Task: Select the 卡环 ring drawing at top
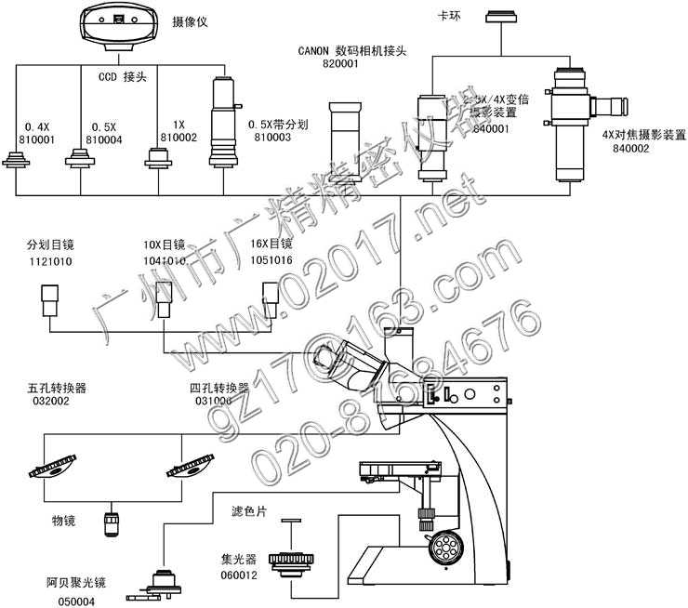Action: [x=506, y=15]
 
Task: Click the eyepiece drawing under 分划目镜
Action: [x=50, y=299]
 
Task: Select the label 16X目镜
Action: [x=270, y=245]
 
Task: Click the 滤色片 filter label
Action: [x=249, y=512]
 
